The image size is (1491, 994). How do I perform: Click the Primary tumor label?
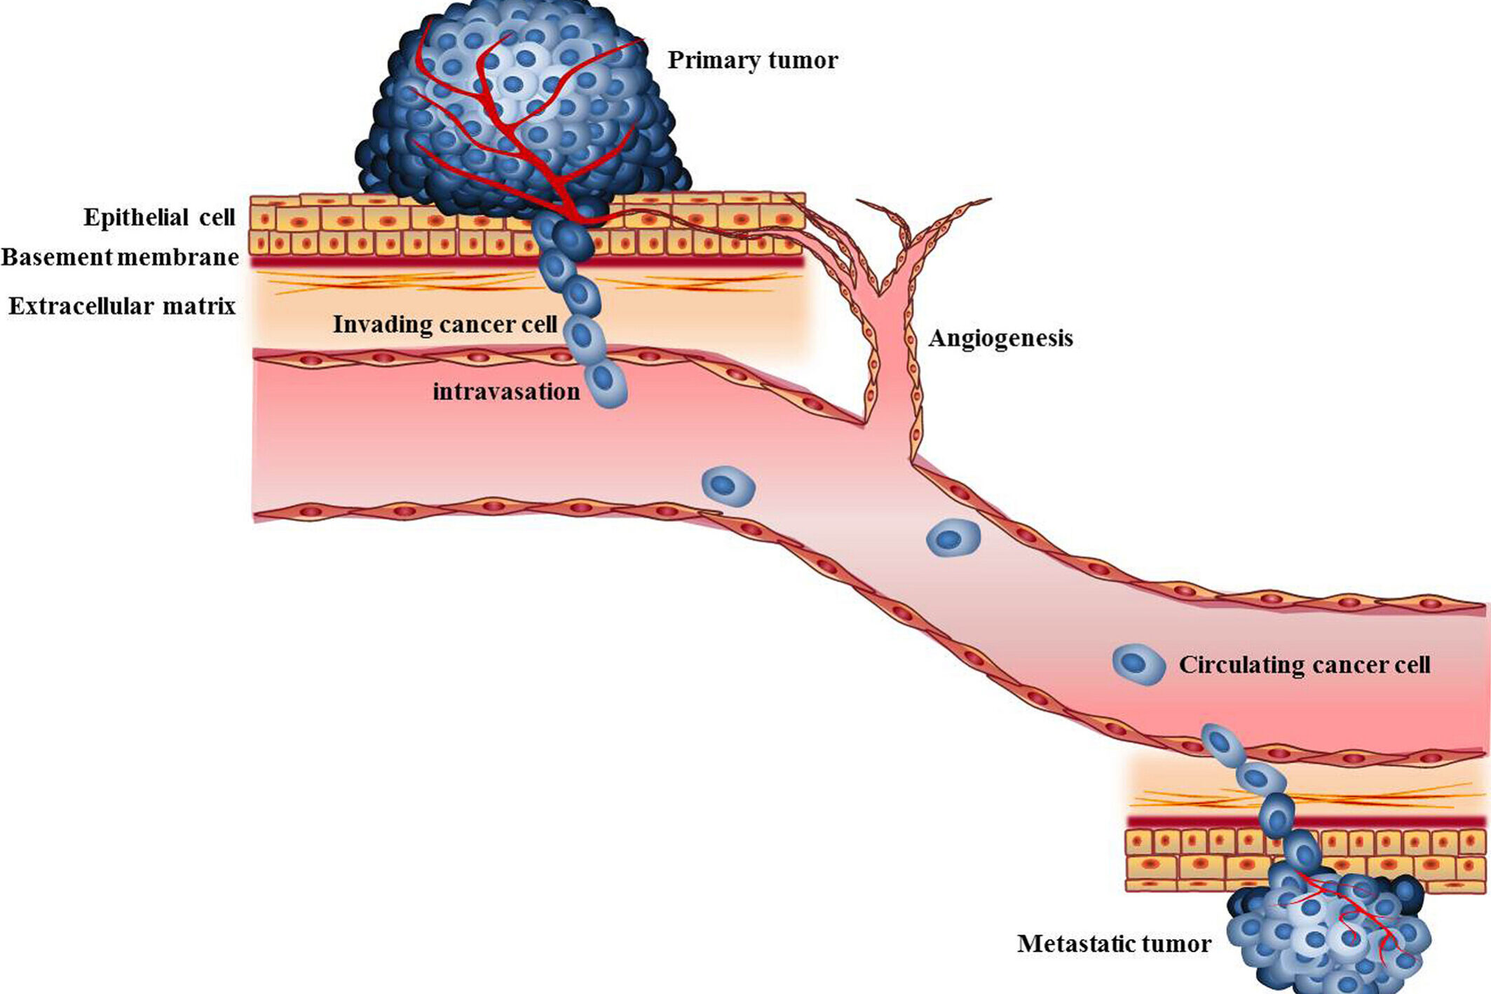click(752, 60)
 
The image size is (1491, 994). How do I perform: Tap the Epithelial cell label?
click(159, 217)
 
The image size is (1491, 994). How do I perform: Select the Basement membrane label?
click(120, 257)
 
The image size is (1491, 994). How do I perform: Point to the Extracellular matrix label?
click(122, 306)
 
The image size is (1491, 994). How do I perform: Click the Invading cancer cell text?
click(445, 325)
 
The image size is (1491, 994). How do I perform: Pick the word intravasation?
click(506, 391)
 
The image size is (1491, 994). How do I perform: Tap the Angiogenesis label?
click(1000, 339)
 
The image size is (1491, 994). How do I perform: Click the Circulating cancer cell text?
click(1304, 665)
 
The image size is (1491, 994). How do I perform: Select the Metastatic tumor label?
click(1114, 944)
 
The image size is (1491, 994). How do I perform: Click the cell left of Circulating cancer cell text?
click(1138, 664)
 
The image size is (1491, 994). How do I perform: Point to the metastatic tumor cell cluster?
click(1325, 932)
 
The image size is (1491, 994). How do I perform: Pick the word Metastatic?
click(1075, 944)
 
